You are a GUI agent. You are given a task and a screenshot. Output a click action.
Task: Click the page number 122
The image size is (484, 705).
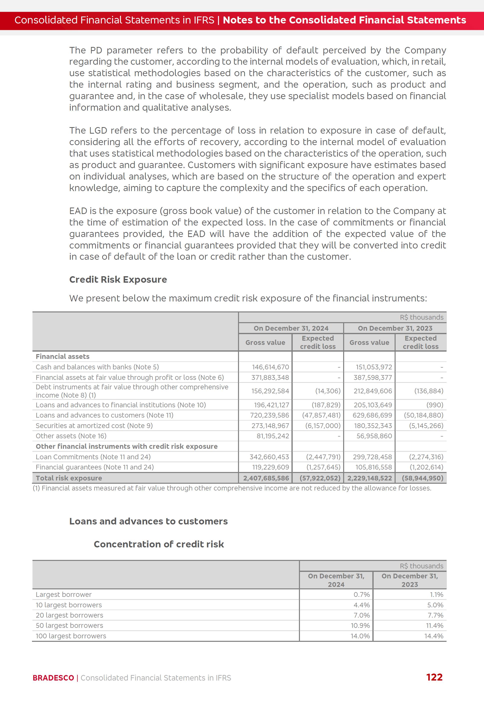click(434, 677)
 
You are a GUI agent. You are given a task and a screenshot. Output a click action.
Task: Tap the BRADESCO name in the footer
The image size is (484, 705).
click(53, 678)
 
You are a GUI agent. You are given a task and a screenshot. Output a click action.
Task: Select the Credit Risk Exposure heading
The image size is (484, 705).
click(118, 279)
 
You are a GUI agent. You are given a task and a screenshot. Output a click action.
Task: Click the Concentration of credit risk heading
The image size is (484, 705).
click(159, 544)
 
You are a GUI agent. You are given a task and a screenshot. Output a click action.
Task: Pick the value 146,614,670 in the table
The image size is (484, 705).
click(270, 367)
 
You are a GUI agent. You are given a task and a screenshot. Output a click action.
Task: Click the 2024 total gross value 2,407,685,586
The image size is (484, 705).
click(266, 478)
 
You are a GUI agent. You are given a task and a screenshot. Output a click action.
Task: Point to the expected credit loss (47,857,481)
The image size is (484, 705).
click(321, 415)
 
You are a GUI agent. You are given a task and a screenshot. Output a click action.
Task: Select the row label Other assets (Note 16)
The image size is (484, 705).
click(71, 436)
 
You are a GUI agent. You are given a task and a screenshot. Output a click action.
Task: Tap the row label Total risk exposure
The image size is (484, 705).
click(69, 478)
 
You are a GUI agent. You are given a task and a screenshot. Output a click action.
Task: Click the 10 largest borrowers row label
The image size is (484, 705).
click(69, 605)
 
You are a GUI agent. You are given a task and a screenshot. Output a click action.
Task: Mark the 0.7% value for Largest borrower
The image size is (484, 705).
click(362, 595)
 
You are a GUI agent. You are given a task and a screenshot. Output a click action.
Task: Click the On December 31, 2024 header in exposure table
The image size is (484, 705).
click(291, 328)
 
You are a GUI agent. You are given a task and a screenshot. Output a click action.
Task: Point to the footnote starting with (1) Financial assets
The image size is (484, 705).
click(232, 488)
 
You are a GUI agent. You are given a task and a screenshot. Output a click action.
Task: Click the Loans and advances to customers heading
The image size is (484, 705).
click(148, 521)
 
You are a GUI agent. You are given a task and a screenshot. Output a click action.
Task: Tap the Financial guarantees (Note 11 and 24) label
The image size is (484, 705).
click(95, 467)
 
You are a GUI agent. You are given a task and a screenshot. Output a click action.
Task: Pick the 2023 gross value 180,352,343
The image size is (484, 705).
click(373, 426)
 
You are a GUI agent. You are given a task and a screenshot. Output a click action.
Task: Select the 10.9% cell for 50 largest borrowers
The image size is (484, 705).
click(360, 626)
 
